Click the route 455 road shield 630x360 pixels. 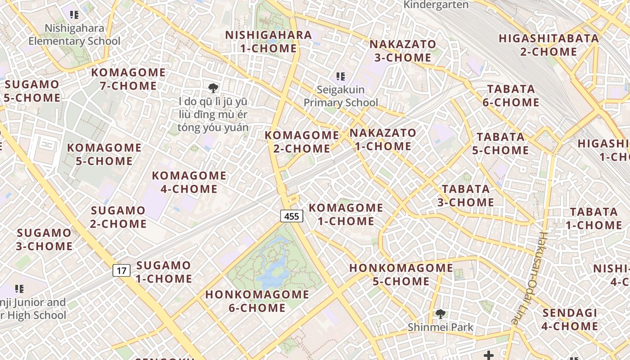pos(292,216)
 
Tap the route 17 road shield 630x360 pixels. pos(121,270)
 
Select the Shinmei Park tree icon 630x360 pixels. pos(440,314)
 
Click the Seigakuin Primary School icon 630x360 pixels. pos(340,77)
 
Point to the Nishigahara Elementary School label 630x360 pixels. pos(74,35)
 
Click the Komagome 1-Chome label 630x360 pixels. pos(346,214)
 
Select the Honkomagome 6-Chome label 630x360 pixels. pos(257,301)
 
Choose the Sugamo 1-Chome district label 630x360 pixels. pos(164,272)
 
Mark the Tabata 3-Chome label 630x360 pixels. pos(466,195)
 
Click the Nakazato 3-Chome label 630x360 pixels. pos(402,51)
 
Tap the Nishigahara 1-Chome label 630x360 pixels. pos(268,41)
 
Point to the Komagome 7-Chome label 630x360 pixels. pos(128,79)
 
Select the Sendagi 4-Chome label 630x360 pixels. pos(570,319)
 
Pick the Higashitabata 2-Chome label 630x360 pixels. pos(549,45)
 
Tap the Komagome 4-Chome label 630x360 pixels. pos(189,182)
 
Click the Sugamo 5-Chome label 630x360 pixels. pos(32,91)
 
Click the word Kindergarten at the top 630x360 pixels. pos(436,5)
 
